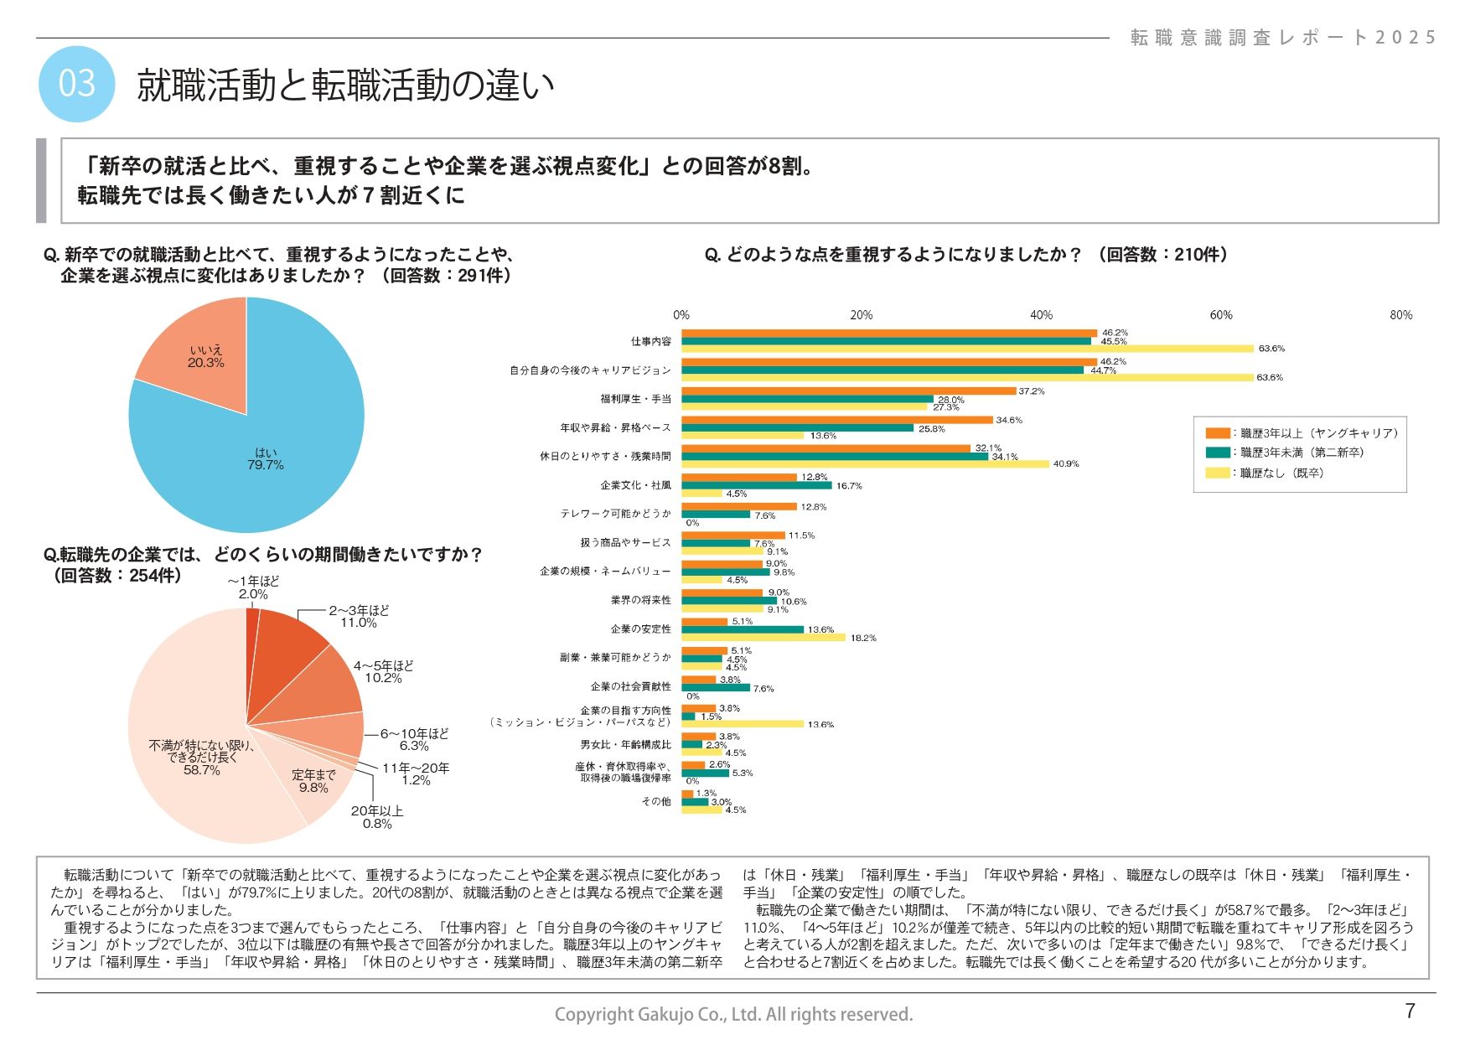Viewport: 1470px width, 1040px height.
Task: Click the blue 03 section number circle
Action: click(x=76, y=84)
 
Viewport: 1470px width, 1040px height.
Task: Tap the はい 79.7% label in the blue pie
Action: click(x=265, y=458)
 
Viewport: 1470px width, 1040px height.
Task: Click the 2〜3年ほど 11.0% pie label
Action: click(x=359, y=617)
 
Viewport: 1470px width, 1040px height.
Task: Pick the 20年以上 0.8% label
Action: click(x=377, y=817)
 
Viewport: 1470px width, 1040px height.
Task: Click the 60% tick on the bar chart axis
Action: click(x=1221, y=315)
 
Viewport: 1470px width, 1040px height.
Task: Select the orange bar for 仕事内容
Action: click(x=888, y=334)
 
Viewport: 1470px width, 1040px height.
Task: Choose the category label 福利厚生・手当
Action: click(x=635, y=399)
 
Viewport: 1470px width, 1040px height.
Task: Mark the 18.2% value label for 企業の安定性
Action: click(x=863, y=638)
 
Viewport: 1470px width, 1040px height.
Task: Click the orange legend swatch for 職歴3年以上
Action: click(x=1217, y=433)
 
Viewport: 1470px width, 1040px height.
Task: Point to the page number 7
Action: click(x=1410, y=1011)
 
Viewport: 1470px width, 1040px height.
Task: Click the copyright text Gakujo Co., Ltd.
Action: click(x=733, y=1015)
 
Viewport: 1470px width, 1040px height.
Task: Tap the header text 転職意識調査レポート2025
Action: click(x=1283, y=38)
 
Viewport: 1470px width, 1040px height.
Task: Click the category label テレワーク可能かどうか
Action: click(x=616, y=514)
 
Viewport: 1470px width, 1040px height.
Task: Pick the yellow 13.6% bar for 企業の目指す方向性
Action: click(x=743, y=724)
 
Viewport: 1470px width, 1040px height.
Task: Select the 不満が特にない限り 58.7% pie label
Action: click(x=202, y=757)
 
